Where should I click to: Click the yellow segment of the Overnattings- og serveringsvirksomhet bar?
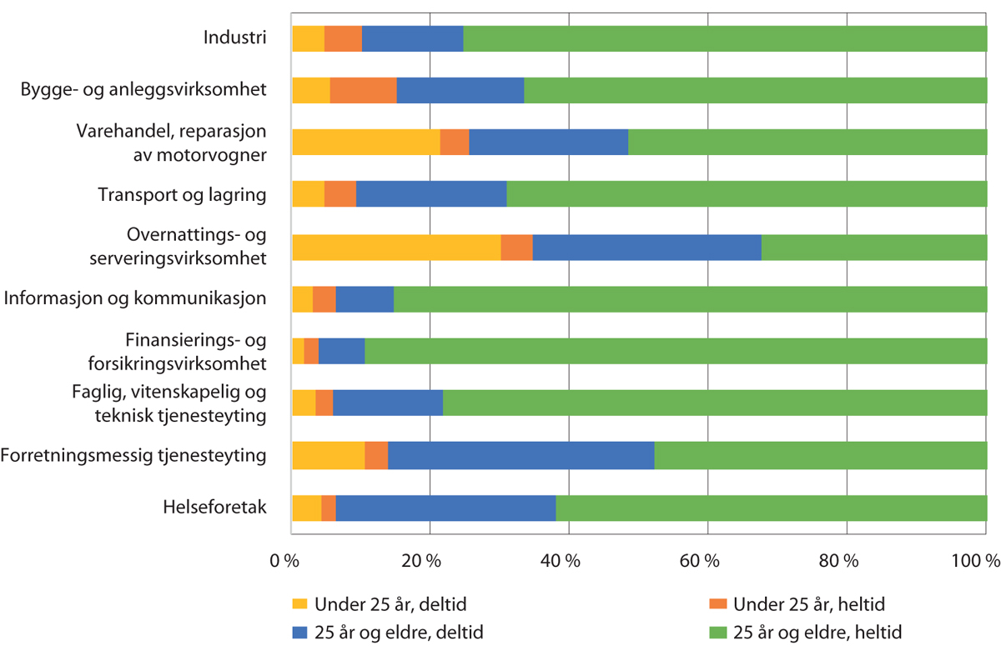tap(396, 248)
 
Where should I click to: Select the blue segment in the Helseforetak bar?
tap(445, 508)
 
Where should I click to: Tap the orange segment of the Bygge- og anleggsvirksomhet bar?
tap(363, 91)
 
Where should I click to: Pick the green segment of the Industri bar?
tap(724, 39)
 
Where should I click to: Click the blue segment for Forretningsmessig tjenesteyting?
tap(521, 456)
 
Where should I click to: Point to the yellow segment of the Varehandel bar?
tap(365, 143)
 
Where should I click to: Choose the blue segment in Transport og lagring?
tap(431, 195)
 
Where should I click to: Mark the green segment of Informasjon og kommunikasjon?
tap(689, 299)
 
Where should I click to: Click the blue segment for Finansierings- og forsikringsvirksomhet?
tap(341, 352)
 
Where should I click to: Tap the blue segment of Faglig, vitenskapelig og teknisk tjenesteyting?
tap(388, 403)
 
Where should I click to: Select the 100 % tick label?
tap(975, 562)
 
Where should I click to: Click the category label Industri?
tap(235, 38)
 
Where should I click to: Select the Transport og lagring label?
tap(182, 195)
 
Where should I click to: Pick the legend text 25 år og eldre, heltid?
tap(817, 632)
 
